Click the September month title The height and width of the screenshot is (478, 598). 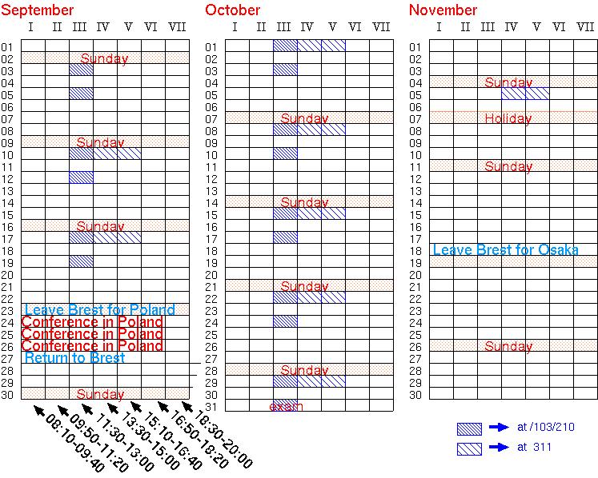(x=38, y=10)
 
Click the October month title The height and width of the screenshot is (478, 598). (x=232, y=10)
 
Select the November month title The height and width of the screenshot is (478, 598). (x=443, y=10)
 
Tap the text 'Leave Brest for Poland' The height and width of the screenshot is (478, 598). (x=99, y=310)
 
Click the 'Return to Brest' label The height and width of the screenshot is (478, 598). (x=74, y=358)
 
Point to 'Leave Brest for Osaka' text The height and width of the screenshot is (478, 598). (x=505, y=250)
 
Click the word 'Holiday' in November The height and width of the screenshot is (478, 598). (x=508, y=118)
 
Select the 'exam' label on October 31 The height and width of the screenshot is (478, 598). (x=286, y=406)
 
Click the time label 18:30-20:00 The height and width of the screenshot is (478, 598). (x=221, y=440)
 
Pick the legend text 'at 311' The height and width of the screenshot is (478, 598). (x=534, y=447)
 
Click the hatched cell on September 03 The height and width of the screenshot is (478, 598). (x=81, y=70)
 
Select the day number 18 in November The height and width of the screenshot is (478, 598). (x=415, y=250)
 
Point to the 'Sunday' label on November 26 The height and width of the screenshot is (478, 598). (x=508, y=346)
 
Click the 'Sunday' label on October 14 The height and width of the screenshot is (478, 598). (x=304, y=202)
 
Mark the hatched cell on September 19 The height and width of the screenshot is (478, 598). (x=81, y=261)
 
